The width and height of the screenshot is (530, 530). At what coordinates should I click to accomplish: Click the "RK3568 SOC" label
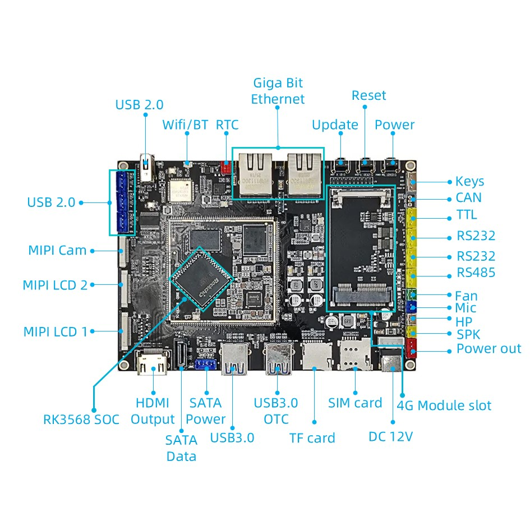[81, 419]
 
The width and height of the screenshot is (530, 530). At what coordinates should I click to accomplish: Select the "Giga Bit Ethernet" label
[278, 91]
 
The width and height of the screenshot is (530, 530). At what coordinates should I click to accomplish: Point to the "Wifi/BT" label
[185, 125]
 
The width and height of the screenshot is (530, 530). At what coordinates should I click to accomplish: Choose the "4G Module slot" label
[444, 405]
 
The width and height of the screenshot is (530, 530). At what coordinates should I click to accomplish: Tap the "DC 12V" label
[390, 436]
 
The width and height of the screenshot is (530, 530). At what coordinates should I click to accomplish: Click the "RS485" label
[476, 273]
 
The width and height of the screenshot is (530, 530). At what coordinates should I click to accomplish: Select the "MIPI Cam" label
[57, 250]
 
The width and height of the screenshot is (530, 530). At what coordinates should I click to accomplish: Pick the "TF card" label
[312, 438]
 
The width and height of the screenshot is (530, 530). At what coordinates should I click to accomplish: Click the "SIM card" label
[355, 403]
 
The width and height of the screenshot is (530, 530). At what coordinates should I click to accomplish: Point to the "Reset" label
[368, 95]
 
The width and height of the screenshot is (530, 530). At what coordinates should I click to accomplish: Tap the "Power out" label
[488, 349]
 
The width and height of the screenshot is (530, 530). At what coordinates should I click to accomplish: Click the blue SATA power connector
[206, 365]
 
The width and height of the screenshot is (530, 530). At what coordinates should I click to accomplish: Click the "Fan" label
[466, 295]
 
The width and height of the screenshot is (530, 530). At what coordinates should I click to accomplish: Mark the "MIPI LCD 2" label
[55, 285]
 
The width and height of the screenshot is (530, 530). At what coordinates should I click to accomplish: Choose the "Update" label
[335, 125]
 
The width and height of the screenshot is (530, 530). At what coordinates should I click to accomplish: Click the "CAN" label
[468, 197]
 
